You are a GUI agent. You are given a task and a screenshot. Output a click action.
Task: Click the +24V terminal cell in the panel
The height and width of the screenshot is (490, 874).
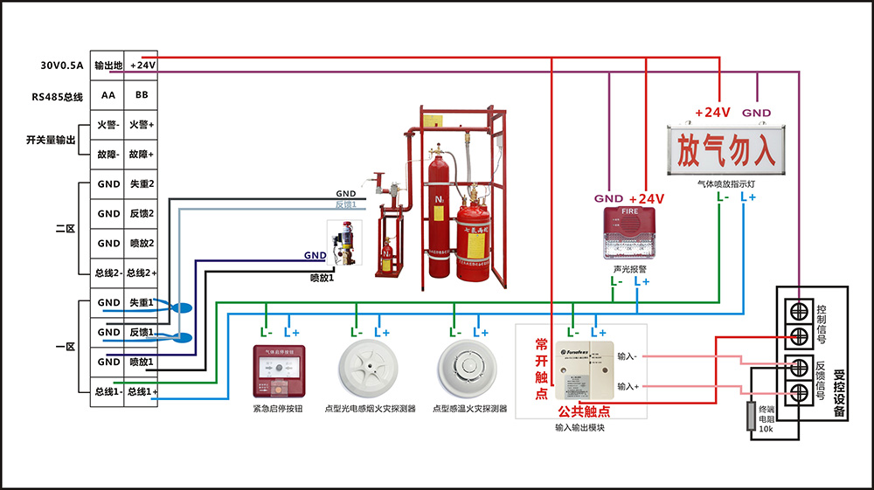tap(142, 65)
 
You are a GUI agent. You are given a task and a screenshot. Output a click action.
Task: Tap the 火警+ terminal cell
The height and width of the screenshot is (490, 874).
tap(142, 125)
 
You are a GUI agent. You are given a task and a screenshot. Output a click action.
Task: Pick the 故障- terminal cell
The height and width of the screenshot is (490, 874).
tap(108, 154)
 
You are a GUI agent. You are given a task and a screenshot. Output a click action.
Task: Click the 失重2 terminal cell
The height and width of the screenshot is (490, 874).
tap(142, 184)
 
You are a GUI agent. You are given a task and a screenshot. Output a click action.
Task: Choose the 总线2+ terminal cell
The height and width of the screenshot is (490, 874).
tap(142, 273)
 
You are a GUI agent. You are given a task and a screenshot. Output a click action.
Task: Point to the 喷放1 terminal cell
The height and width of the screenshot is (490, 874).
tap(142, 362)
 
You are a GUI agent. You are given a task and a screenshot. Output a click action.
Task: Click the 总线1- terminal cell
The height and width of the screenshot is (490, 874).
tap(108, 392)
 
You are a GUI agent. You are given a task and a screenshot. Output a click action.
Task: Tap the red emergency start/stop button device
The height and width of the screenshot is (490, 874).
tap(277, 373)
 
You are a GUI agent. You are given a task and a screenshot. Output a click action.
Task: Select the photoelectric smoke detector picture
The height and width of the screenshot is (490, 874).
tap(369, 370)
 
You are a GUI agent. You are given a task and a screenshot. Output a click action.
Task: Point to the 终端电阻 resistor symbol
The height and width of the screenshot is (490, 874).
tap(750, 417)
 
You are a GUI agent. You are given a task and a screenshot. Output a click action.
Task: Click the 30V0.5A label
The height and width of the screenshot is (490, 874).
tap(61, 66)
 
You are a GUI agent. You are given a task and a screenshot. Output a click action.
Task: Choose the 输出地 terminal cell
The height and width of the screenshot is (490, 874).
tap(108, 65)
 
